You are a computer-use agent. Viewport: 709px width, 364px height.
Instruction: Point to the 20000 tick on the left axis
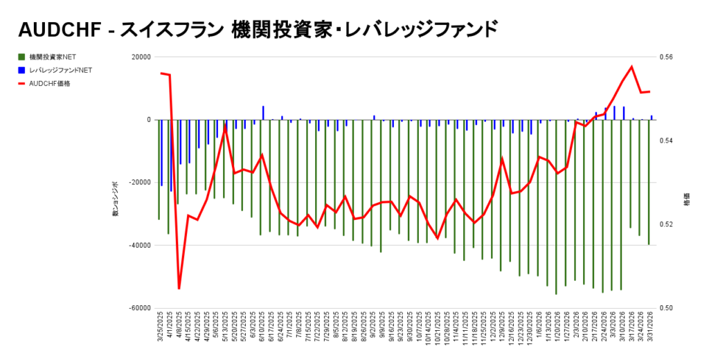point(141,57)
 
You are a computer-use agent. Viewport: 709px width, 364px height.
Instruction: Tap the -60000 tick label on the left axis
point(140,308)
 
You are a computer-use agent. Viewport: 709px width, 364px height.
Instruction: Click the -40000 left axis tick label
point(140,245)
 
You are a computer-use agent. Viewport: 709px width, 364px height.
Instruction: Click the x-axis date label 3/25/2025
point(160,332)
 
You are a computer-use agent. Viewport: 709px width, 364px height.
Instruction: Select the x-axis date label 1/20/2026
point(556,332)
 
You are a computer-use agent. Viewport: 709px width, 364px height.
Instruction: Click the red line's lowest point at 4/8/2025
point(179,288)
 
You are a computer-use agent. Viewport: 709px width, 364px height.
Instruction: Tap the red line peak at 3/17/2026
point(631,67)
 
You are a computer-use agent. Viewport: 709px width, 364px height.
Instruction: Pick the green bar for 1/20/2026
point(556,207)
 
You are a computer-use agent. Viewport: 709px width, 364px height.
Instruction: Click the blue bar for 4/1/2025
point(171,155)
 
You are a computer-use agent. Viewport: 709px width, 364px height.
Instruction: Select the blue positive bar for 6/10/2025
point(263,113)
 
